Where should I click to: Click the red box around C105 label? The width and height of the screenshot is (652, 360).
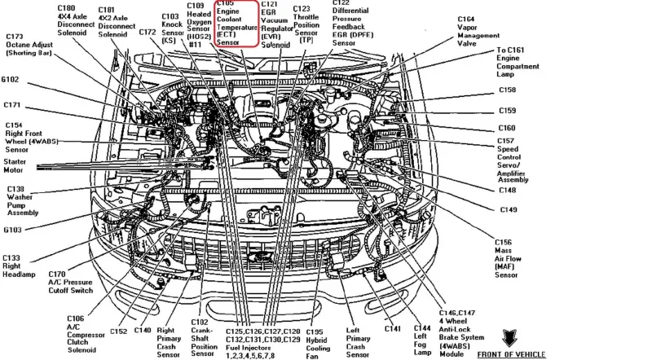point(236,24)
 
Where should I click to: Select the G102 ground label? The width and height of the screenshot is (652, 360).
point(12,80)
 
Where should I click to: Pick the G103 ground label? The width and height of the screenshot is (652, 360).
point(12,230)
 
